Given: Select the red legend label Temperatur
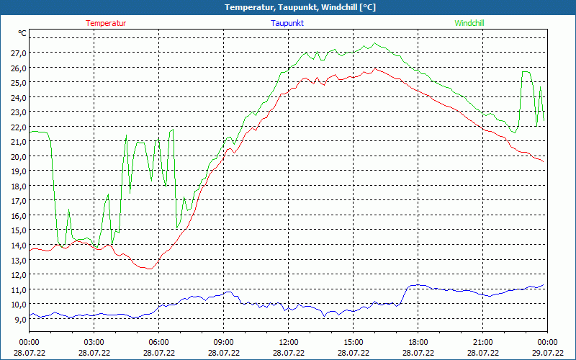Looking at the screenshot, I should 106,23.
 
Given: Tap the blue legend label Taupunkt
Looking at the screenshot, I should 287,23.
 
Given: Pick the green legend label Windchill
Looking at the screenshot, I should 469,23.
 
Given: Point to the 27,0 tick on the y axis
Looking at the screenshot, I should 18,53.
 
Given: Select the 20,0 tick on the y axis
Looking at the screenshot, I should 18,156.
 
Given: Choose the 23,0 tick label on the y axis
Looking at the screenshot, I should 18,112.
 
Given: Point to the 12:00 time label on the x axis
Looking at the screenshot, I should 289,342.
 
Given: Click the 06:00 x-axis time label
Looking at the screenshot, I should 159,342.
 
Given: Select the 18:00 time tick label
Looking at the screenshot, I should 418,342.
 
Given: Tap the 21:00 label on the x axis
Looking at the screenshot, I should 483,342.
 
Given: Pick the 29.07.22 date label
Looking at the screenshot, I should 548,352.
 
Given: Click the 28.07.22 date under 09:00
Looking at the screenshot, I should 224,352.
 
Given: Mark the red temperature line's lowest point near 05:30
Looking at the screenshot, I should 149,269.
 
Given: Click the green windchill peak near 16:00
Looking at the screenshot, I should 375,43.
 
